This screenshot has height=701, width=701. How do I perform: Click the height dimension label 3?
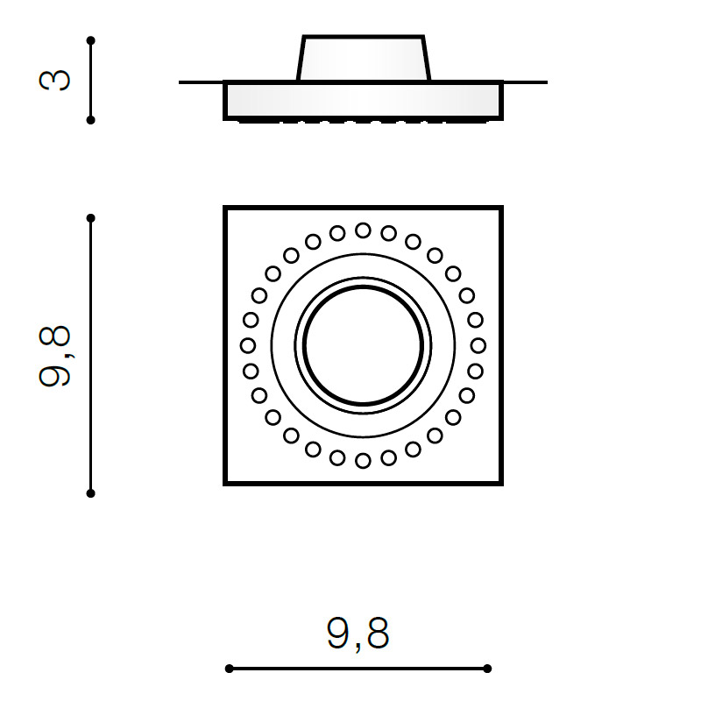click(54, 81)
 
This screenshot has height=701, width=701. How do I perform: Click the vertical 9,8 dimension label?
click(54, 356)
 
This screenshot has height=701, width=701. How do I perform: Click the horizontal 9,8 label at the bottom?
click(358, 634)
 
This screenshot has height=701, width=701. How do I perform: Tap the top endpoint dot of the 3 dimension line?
click(91, 40)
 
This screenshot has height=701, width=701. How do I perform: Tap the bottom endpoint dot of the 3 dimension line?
click(91, 120)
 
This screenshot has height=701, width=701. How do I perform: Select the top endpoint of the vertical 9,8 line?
click(91, 218)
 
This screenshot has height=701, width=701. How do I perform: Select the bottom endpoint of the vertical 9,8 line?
click(91, 493)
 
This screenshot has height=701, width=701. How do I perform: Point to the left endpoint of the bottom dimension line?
click(230, 669)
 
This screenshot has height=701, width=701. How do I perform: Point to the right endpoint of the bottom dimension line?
click(487, 669)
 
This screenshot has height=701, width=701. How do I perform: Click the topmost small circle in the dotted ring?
click(363, 230)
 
